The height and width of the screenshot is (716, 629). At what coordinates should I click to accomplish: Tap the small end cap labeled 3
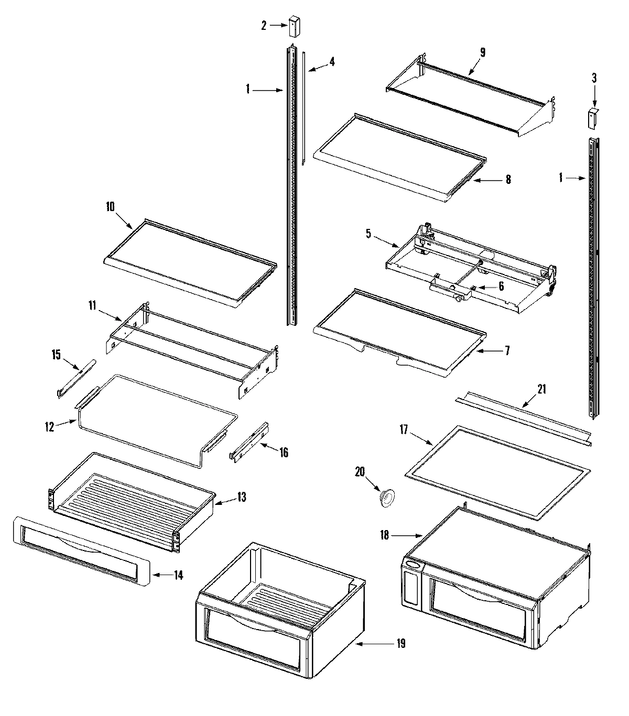[593, 118]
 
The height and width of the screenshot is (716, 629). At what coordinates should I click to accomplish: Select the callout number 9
[482, 52]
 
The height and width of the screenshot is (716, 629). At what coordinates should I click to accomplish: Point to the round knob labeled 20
[387, 497]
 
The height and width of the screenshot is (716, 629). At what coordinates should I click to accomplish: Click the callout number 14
[178, 575]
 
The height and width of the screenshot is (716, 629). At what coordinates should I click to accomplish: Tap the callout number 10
[110, 206]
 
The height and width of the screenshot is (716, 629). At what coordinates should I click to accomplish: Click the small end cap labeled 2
[294, 27]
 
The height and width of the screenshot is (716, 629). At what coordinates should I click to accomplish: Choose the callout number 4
[331, 62]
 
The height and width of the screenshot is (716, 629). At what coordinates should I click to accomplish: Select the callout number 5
[369, 234]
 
